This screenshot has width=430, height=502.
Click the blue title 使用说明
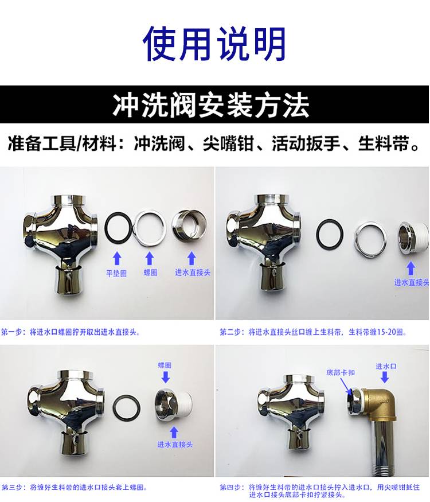point(214,44)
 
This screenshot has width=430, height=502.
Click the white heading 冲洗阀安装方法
point(211,104)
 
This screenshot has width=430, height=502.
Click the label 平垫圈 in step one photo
point(116,273)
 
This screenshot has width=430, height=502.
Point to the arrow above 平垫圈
point(117,258)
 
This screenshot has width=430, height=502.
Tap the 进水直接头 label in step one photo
point(193,273)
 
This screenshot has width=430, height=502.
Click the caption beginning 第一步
point(71,332)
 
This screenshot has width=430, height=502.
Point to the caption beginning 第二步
point(313,332)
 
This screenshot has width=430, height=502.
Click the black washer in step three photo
point(127,410)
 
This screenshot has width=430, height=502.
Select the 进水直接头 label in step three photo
point(175,445)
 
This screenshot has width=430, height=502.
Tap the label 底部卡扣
point(341,372)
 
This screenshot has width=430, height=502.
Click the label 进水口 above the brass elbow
point(386,366)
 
